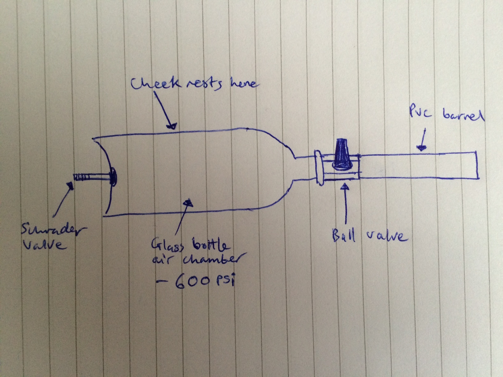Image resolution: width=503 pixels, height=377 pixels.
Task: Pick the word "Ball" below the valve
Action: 343,236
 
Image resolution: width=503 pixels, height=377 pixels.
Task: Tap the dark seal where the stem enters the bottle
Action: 113,176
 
